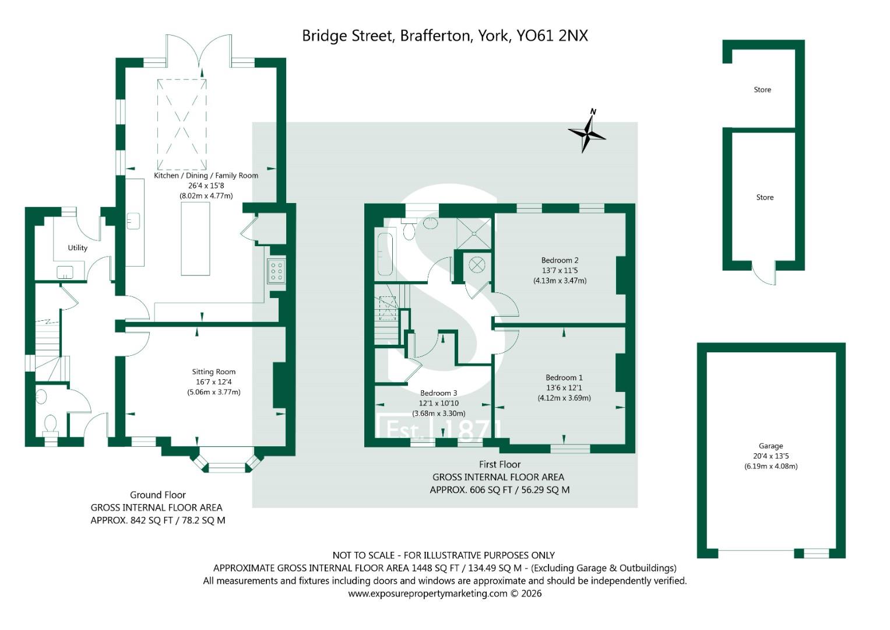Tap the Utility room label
(x=78, y=248)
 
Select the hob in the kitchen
(x=276, y=271)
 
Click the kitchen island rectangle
(x=195, y=239)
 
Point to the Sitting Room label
(x=214, y=372)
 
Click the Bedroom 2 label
(x=560, y=260)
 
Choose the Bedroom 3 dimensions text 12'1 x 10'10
(x=439, y=403)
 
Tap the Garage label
(x=771, y=446)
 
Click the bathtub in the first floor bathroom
(x=385, y=254)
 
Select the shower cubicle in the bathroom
(x=474, y=233)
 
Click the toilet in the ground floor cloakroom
(x=50, y=425)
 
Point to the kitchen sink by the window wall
(x=133, y=221)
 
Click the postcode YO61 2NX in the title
(x=552, y=36)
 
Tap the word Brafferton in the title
(x=435, y=36)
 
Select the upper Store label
(x=762, y=90)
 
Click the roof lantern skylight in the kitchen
(x=182, y=124)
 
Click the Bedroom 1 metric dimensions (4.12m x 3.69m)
(x=564, y=398)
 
